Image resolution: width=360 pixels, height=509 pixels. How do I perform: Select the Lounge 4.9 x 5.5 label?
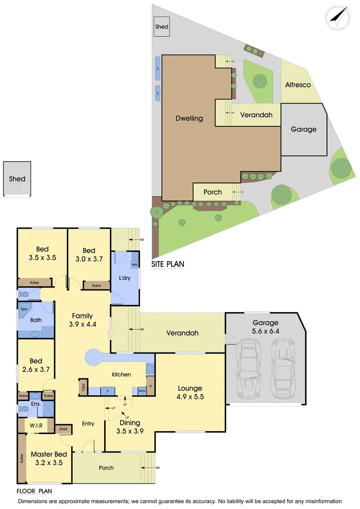tap(190, 393)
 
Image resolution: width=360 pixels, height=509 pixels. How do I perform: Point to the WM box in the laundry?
tap(134, 265)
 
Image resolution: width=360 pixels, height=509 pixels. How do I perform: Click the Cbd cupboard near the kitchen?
tap(83, 387)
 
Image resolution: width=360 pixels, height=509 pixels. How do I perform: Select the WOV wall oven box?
tap(142, 391)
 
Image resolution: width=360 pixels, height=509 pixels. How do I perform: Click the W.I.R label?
tap(36, 426)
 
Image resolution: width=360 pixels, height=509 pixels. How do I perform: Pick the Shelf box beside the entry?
tap(63, 429)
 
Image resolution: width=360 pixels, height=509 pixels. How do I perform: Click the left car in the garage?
tap(248, 364)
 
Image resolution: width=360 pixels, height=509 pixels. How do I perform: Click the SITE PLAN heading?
tap(167, 264)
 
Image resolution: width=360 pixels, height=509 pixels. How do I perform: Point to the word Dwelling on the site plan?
tap(189, 118)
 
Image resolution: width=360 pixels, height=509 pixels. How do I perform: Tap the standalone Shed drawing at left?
tap(17, 179)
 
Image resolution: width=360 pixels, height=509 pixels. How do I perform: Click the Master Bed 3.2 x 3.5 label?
tap(49, 458)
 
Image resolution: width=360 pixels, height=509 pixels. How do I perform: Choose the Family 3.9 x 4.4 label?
tap(82, 320)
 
